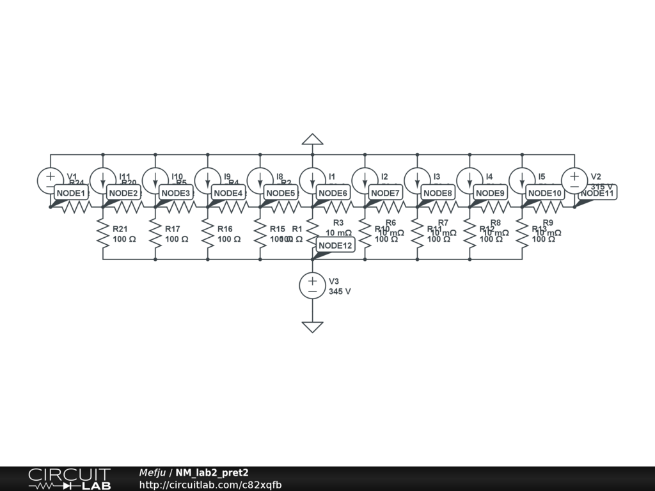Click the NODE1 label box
pyautogui.click(x=70, y=193)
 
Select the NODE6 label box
pyautogui.click(x=333, y=193)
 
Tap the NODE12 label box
pyautogui.click(x=335, y=245)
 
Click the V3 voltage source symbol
pyautogui.click(x=312, y=285)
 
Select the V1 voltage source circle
pyautogui.click(x=51, y=180)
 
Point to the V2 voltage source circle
pyautogui.click(x=574, y=180)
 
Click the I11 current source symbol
pyautogui.click(x=103, y=180)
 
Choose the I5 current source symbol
pyautogui.click(x=522, y=180)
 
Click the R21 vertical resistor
pyautogui.click(x=103, y=234)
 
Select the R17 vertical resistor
pyautogui.click(x=155, y=234)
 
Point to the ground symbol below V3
pyautogui.click(x=312, y=327)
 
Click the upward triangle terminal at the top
pyautogui.click(x=312, y=139)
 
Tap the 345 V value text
pyautogui.click(x=340, y=292)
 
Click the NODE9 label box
pyautogui.click(x=490, y=193)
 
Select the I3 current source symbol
pyautogui.click(x=417, y=180)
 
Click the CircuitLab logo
pyautogui.click(x=69, y=479)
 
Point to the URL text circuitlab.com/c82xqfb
pyautogui.click(x=210, y=485)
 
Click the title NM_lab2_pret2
pyautogui.click(x=212, y=473)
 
